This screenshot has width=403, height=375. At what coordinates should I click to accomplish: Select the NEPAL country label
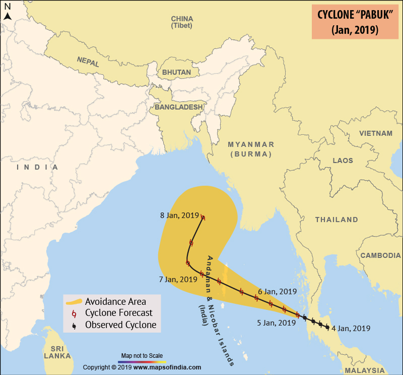(x=88, y=59)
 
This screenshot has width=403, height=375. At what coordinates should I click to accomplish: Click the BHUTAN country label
(x=176, y=72)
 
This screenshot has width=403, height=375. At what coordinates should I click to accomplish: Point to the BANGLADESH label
(x=178, y=107)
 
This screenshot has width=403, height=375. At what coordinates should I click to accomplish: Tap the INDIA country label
(x=37, y=167)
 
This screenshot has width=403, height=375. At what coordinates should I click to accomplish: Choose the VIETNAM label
(x=375, y=133)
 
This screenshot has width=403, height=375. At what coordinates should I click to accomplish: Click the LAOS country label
(x=343, y=160)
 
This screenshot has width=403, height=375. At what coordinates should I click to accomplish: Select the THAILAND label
(x=337, y=220)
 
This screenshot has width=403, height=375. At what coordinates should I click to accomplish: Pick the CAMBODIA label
(x=380, y=256)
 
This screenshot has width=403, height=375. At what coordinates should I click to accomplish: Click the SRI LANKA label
(x=57, y=352)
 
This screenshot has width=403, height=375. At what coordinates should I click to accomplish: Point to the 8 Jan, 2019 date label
(x=179, y=215)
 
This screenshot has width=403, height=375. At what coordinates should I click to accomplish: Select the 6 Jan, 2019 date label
(x=277, y=291)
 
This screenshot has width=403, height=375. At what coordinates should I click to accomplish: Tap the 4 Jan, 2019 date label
(x=352, y=329)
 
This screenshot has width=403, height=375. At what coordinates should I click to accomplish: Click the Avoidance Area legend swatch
(x=74, y=302)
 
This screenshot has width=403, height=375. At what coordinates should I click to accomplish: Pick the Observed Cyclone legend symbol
(x=75, y=326)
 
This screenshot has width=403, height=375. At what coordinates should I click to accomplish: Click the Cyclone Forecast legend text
(x=118, y=314)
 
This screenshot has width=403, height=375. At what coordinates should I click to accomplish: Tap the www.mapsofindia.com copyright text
(x=167, y=367)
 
